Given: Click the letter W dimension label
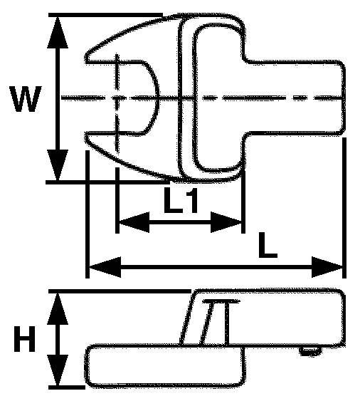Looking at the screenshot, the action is (x=26, y=99).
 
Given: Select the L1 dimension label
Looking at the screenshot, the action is (x=181, y=199).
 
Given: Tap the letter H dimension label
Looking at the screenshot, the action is (x=24, y=339).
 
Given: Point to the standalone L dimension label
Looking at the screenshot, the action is (x=268, y=245).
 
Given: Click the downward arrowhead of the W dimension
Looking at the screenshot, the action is (x=58, y=165).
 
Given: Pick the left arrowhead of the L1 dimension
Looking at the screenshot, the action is (x=134, y=222).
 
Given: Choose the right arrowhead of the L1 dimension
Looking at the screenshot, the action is (x=226, y=222).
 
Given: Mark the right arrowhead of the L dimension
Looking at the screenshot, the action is (x=327, y=267).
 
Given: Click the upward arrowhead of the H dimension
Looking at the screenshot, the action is (x=58, y=308).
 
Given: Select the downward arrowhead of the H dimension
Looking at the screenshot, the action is (x=58, y=370).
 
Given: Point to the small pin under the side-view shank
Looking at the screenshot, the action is (x=310, y=351).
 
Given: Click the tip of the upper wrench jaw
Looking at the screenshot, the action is (x=86, y=58).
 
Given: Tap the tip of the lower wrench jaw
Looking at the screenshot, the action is (x=86, y=135).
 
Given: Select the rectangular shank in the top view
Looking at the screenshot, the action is (x=294, y=98).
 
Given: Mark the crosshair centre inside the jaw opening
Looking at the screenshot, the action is (x=116, y=98).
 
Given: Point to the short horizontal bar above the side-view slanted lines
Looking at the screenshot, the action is (x=221, y=301).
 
